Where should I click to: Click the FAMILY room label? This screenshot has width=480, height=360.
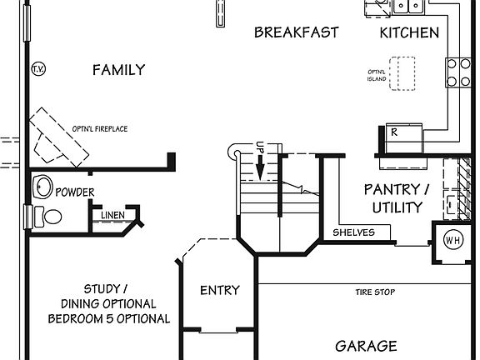coord(118,70)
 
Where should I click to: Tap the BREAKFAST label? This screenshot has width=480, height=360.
coord(296,32)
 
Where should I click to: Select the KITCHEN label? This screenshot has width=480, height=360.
coord(409,32)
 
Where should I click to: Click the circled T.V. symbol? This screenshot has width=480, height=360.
coord(37,68)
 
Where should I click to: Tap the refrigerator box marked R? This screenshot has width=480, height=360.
coord(394,132)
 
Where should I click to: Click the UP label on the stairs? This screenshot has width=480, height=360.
coord(260,147)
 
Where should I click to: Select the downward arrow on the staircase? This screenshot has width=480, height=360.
coord(260,169)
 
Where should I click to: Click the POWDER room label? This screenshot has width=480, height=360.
coord(74,192)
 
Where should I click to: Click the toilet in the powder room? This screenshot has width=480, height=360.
coord(49,217)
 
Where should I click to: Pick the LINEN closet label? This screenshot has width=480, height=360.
coord(113,216)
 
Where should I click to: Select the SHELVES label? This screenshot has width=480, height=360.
coord(353,232)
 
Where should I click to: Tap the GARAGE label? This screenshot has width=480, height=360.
coord(366,345)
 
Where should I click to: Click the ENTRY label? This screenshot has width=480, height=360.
coord(220,291)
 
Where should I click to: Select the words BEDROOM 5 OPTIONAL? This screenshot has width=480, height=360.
coord(108,318)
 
